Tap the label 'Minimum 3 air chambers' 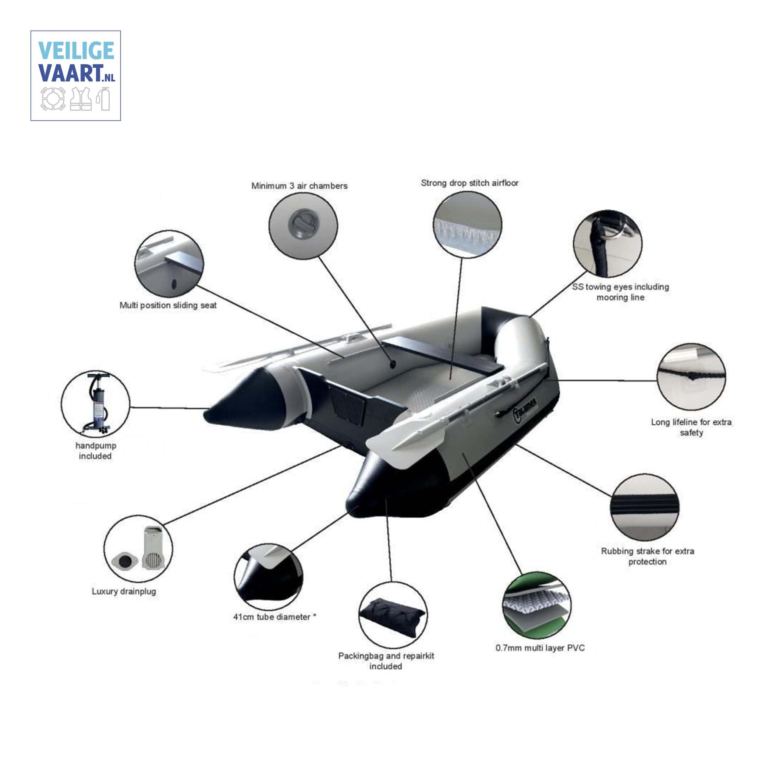[x=299, y=186]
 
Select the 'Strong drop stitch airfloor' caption [x=470, y=183]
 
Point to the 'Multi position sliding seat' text [x=168, y=305]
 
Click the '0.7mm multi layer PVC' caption [x=540, y=647]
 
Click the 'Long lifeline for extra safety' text [x=691, y=427]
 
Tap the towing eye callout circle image [x=607, y=243]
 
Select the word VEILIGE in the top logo [x=76, y=51]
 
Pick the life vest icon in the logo [x=81, y=99]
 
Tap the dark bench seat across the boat [x=442, y=356]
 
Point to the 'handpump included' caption [x=96, y=451]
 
